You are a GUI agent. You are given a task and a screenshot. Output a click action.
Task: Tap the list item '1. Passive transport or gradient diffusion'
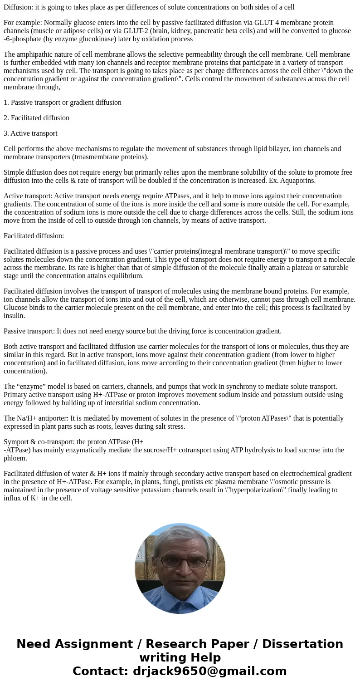(x=63, y=103)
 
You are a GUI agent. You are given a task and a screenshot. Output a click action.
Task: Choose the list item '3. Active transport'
(x=30, y=133)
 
